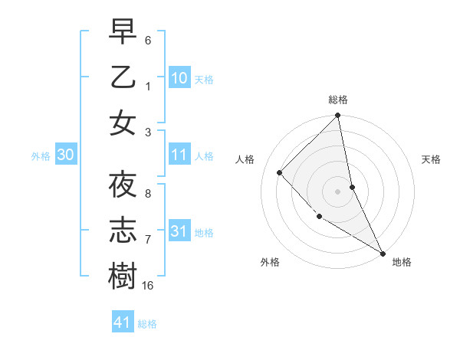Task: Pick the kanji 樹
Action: coord(123,276)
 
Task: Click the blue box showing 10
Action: coord(179,78)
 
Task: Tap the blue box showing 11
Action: coord(179,155)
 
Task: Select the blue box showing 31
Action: coord(179,231)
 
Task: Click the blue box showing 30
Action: coord(66,155)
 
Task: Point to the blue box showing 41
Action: coord(123,322)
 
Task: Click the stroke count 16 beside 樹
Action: coord(148,286)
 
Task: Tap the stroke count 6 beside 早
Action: coord(148,40)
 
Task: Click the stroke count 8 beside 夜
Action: coord(148,194)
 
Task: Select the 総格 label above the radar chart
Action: coord(338,100)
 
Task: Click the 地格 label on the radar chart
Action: coord(402,262)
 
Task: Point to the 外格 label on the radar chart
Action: coord(270,262)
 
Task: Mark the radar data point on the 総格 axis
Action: coord(338,116)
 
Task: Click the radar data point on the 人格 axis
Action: coord(280,172)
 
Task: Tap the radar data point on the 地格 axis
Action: coord(382,252)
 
